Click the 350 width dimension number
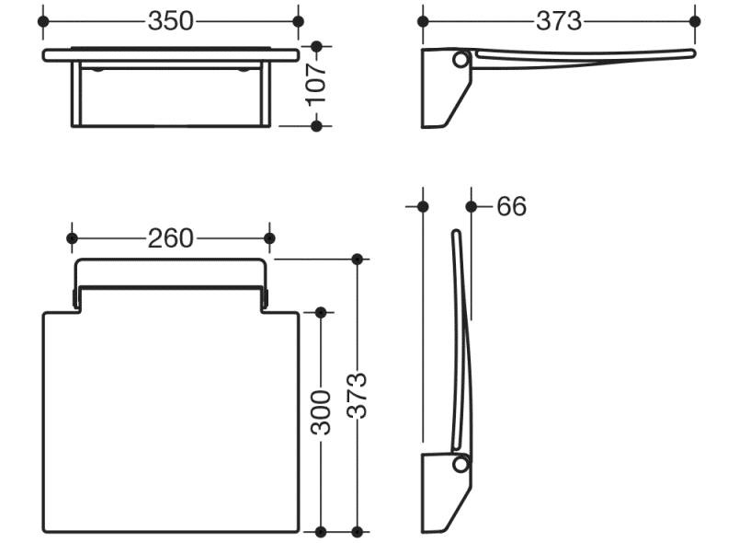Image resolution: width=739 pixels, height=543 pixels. pyautogui.click(x=171, y=21)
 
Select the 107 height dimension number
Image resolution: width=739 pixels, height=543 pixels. pyautogui.click(x=316, y=85)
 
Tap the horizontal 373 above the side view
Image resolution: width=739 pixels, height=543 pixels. pyautogui.click(x=558, y=21)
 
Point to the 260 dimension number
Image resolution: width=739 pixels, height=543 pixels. pyautogui.click(x=171, y=238)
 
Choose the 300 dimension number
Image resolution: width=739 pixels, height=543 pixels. pyautogui.click(x=321, y=415)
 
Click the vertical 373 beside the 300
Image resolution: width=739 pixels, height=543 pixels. pyautogui.click(x=358, y=396)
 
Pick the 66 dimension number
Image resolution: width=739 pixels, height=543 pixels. pyautogui.click(x=511, y=206)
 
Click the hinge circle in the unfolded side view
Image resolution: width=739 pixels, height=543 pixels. pyautogui.click(x=460, y=60)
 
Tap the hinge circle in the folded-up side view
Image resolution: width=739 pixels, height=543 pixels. pyautogui.click(x=460, y=465)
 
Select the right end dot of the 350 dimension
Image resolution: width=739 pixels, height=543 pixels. pyautogui.click(x=297, y=21)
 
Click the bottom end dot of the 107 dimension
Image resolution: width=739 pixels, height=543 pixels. pyautogui.click(x=316, y=125)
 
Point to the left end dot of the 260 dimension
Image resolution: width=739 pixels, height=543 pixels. pyautogui.click(x=73, y=238)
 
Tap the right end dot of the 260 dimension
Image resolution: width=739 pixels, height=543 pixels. pyautogui.click(x=269, y=238)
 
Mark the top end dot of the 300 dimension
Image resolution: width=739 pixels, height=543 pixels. pyautogui.click(x=321, y=313)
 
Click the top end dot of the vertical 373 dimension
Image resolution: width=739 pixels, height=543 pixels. pyautogui.click(x=358, y=260)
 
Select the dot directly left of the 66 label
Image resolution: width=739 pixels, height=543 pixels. pyautogui.click(x=472, y=206)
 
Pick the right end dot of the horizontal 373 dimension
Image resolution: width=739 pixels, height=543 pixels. pyautogui.click(x=694, y=21)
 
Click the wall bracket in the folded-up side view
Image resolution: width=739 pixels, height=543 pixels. pyautogui.click(x=445, y=497)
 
